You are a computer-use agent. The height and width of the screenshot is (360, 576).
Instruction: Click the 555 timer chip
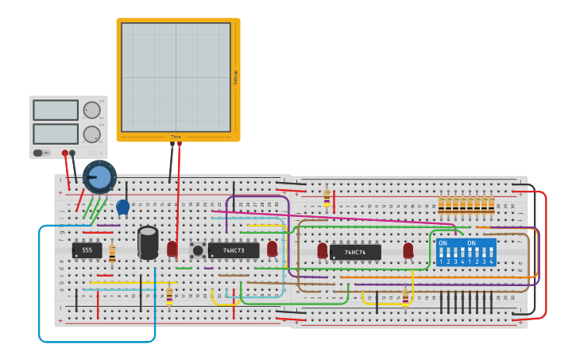(x=87, y=250)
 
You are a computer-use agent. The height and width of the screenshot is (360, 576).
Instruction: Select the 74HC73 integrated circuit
(x=234, y=250)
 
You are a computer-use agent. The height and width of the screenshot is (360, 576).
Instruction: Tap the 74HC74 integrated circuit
(x=355, y=252)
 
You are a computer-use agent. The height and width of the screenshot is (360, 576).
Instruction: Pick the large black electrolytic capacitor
(x=148, y=242)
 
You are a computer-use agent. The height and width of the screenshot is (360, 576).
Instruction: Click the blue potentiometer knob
(x=99, y=176)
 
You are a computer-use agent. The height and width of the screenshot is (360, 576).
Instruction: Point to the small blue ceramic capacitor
(x=122, y=207)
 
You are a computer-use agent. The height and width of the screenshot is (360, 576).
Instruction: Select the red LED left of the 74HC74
(x=323, y=250)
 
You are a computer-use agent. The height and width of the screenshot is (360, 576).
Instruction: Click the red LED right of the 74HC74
(x=408, y=250)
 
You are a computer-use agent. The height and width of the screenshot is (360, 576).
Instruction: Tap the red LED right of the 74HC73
(x=273, y=249)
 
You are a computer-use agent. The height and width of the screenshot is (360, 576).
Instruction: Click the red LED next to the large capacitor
(x=172, y=249)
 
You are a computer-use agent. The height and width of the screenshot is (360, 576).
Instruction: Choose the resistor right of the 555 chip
(x=112, y=254)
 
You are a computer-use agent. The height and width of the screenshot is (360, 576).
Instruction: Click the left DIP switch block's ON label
(x=443, y=243)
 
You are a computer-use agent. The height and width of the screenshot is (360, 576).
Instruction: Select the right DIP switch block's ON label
(x=472, y=243)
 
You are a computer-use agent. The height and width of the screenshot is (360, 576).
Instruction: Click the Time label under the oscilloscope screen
(x=176, y=137)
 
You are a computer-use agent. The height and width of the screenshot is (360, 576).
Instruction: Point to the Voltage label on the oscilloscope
(x=235, y=77)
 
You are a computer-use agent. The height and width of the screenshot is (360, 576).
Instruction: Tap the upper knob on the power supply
(x=92, y=110)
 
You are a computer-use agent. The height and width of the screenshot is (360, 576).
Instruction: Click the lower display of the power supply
(x=56, y=134)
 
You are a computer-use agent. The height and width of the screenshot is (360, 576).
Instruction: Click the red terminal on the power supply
(x=65, y=153)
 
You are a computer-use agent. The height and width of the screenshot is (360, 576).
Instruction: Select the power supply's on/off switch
(x=38, y=153)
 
